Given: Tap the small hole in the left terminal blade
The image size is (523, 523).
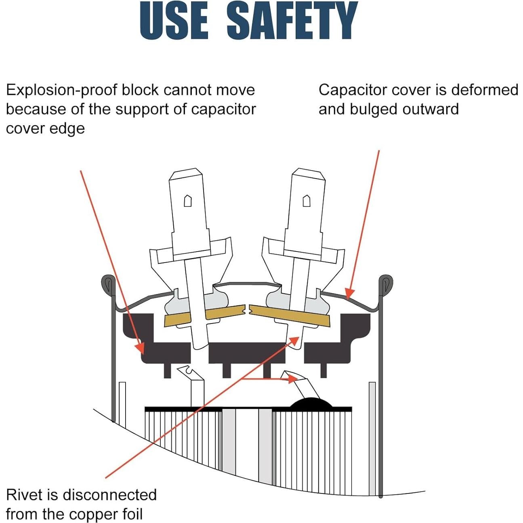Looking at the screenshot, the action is pos(188,201).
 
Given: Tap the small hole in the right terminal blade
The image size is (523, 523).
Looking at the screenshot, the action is pos(307,201).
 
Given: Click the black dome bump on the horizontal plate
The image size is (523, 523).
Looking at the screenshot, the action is pos(311,402).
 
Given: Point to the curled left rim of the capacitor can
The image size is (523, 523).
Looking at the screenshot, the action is pos(108,286).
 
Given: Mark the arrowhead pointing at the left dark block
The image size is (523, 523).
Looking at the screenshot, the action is pos(141,348).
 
